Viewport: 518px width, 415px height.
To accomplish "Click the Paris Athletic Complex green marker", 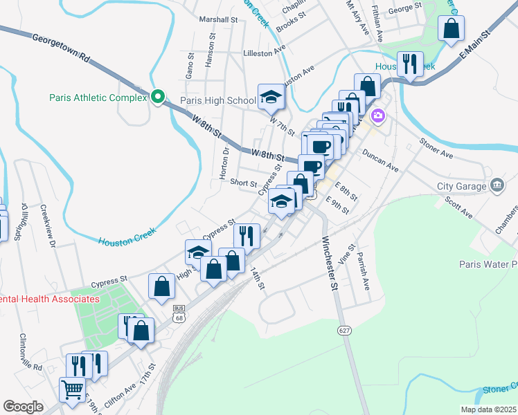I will click(158, 98).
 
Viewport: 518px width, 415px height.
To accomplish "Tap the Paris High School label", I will click(218, 101).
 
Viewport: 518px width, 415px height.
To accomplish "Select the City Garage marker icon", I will click(497, 185).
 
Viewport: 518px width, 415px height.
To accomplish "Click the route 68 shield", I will click(179, 315).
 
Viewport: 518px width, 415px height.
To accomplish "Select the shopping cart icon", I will click(71, 389).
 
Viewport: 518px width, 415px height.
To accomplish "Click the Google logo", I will click(24, 407).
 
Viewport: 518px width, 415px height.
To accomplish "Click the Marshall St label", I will click(217, 19).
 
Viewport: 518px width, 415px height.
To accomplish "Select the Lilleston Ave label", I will click(264, 53).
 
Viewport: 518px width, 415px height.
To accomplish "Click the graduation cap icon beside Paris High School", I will click(271, 97).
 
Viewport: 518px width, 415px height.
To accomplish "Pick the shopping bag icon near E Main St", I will click(452, 29).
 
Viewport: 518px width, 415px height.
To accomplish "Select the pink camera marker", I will click(377, 116).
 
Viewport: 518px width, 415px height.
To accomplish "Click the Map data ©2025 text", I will click(488, 409).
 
